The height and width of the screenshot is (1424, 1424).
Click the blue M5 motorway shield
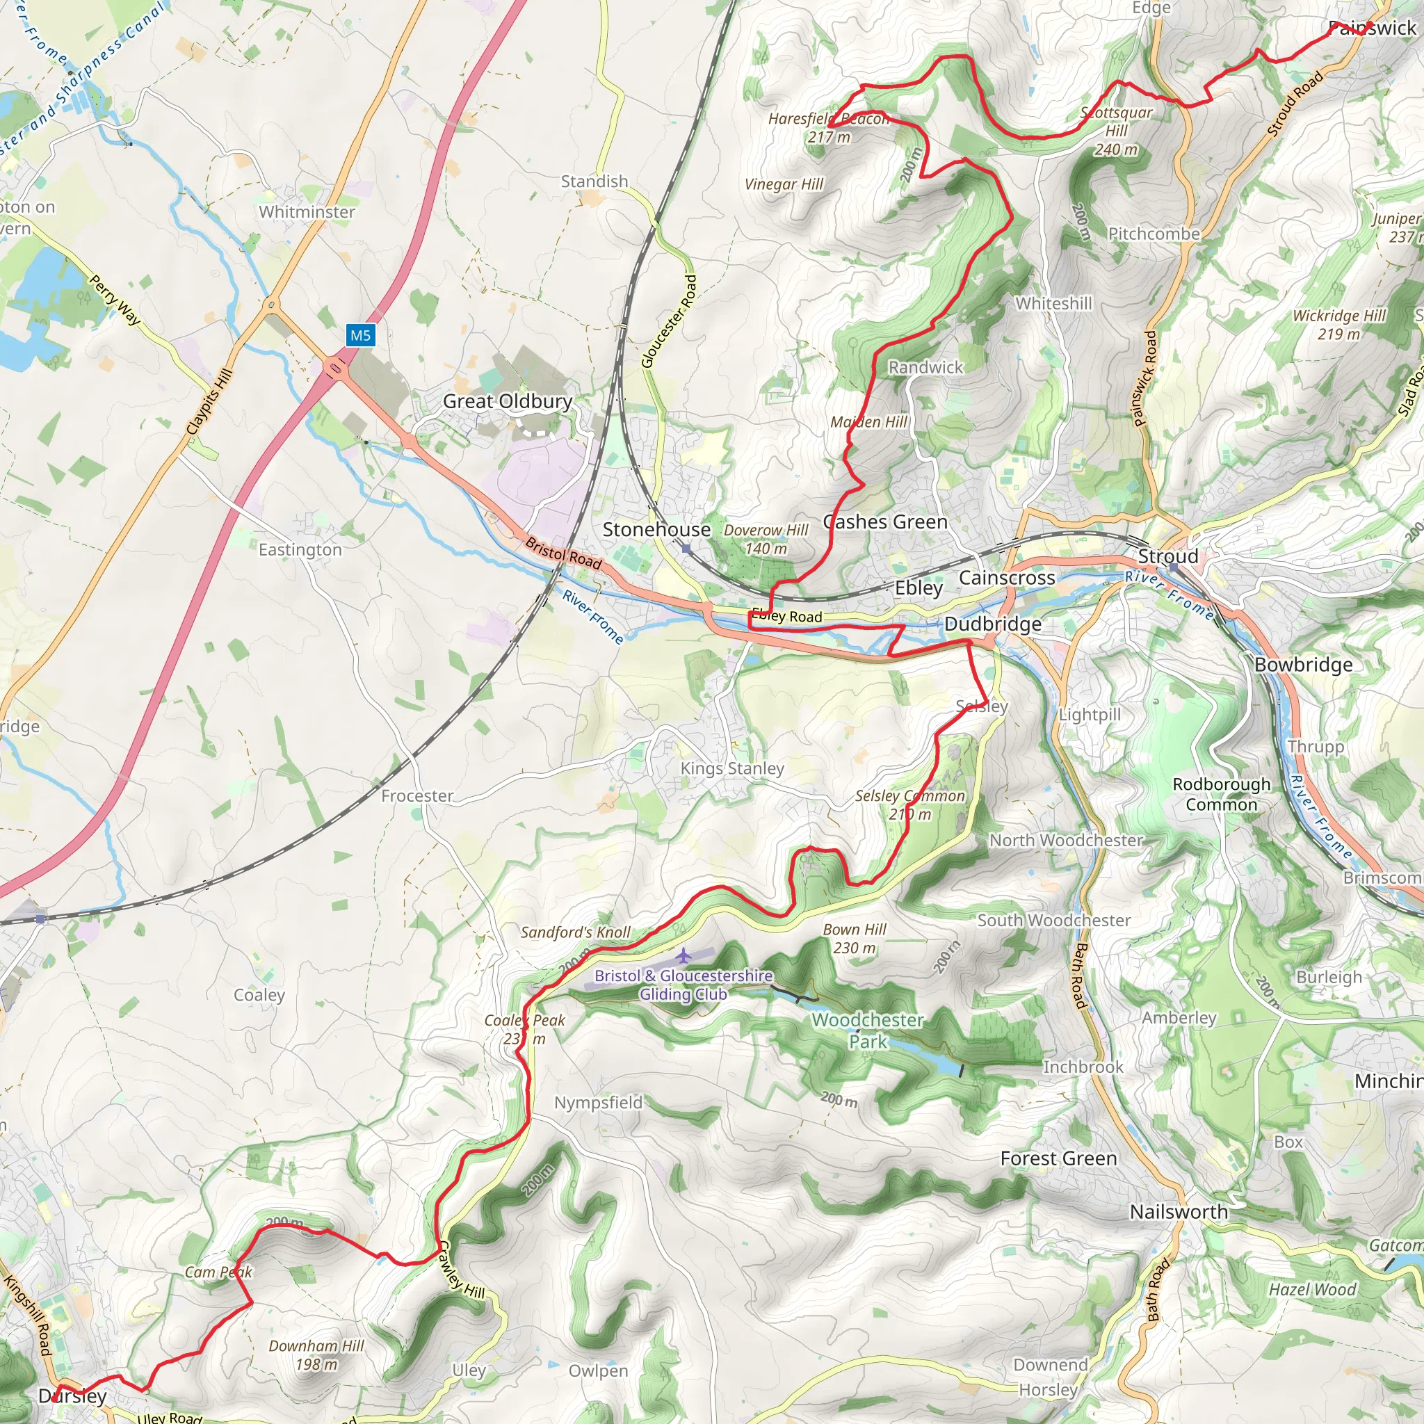coord(360,336)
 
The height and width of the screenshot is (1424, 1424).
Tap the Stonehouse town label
coord(656,529)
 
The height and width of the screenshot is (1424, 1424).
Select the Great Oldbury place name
coord(507,401)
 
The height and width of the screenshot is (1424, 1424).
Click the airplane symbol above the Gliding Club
coord(684,956)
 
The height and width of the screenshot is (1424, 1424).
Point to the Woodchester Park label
coord(868,1030)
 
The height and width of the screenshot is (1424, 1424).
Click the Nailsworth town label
coord(1179,1212)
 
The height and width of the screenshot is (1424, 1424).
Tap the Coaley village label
coord(259,995)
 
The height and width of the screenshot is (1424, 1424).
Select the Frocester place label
coord(416,796)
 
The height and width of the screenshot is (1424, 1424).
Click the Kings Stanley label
coord(732,768)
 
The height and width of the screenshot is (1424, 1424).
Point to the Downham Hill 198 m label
coord(316,1354)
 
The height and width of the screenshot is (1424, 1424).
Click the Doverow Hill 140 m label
coord(766,539)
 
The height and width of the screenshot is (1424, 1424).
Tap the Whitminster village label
coord(307,211)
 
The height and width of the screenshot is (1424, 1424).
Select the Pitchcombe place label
coord(1154,234)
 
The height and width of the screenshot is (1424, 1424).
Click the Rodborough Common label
coord(1221,794)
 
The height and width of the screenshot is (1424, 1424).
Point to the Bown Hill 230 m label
coord(855,938)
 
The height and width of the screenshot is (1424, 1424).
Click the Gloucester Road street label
coord(668,321)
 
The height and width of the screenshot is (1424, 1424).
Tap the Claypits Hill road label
coord(209,402)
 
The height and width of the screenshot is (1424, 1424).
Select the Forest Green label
coord(1058,1158)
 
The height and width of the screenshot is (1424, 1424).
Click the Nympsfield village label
coord(599,1103)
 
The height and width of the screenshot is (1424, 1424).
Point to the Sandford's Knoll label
coord(576,932)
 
